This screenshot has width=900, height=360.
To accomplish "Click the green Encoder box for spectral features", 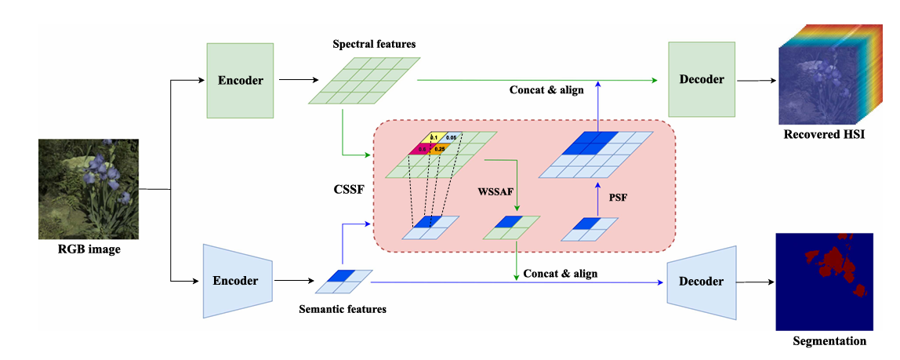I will (x=240, y=79).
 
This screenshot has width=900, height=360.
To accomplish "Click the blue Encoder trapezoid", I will (x=238, y=280).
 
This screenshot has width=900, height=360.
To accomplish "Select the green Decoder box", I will (x=700, y=79).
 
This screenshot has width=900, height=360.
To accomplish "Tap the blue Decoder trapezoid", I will (x=702, y=282).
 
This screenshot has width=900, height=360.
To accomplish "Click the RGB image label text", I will (x=89, y=251).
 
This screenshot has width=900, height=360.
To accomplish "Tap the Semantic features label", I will (x=343, y=309).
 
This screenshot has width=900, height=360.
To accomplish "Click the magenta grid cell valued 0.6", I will (x=422, y=148).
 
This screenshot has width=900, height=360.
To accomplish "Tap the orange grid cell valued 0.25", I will (x=439, y=148).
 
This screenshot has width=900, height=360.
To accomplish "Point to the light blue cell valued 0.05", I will (x=452, y=137).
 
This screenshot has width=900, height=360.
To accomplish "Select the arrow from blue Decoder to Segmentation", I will (x=756, y=282).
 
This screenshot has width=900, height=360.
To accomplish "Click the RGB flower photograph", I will (x=89, y=188).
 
